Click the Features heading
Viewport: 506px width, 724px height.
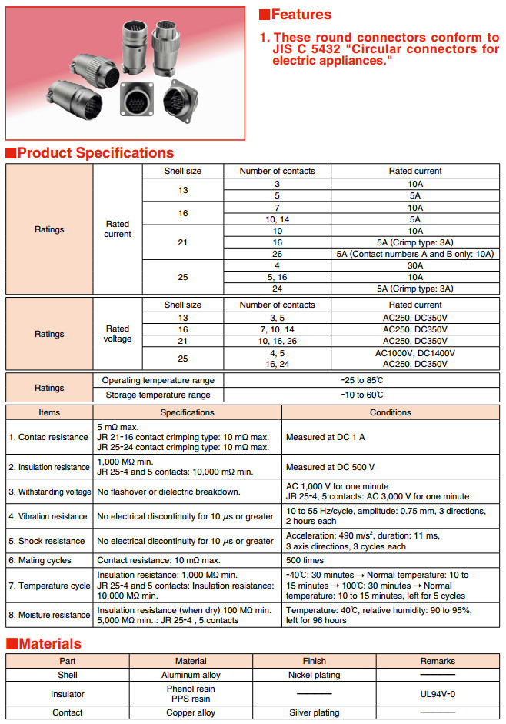301,15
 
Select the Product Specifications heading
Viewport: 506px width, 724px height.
95,152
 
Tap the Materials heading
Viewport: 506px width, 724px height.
50,643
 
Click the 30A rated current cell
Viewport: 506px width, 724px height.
415,266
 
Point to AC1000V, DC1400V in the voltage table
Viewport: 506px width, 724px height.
415,353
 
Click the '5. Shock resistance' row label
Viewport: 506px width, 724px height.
48,541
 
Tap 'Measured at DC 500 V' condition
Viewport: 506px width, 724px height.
330,467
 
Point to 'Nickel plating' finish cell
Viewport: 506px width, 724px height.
315,675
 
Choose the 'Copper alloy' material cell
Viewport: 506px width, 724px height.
191,712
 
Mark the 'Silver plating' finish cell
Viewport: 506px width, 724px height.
315,712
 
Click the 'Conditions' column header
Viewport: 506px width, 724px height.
391,412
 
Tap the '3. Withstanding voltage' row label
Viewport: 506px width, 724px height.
49,492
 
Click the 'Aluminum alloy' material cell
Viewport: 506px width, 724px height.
191,675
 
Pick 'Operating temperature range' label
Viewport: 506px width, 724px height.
158,380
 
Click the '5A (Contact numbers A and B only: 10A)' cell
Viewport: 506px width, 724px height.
415,254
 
